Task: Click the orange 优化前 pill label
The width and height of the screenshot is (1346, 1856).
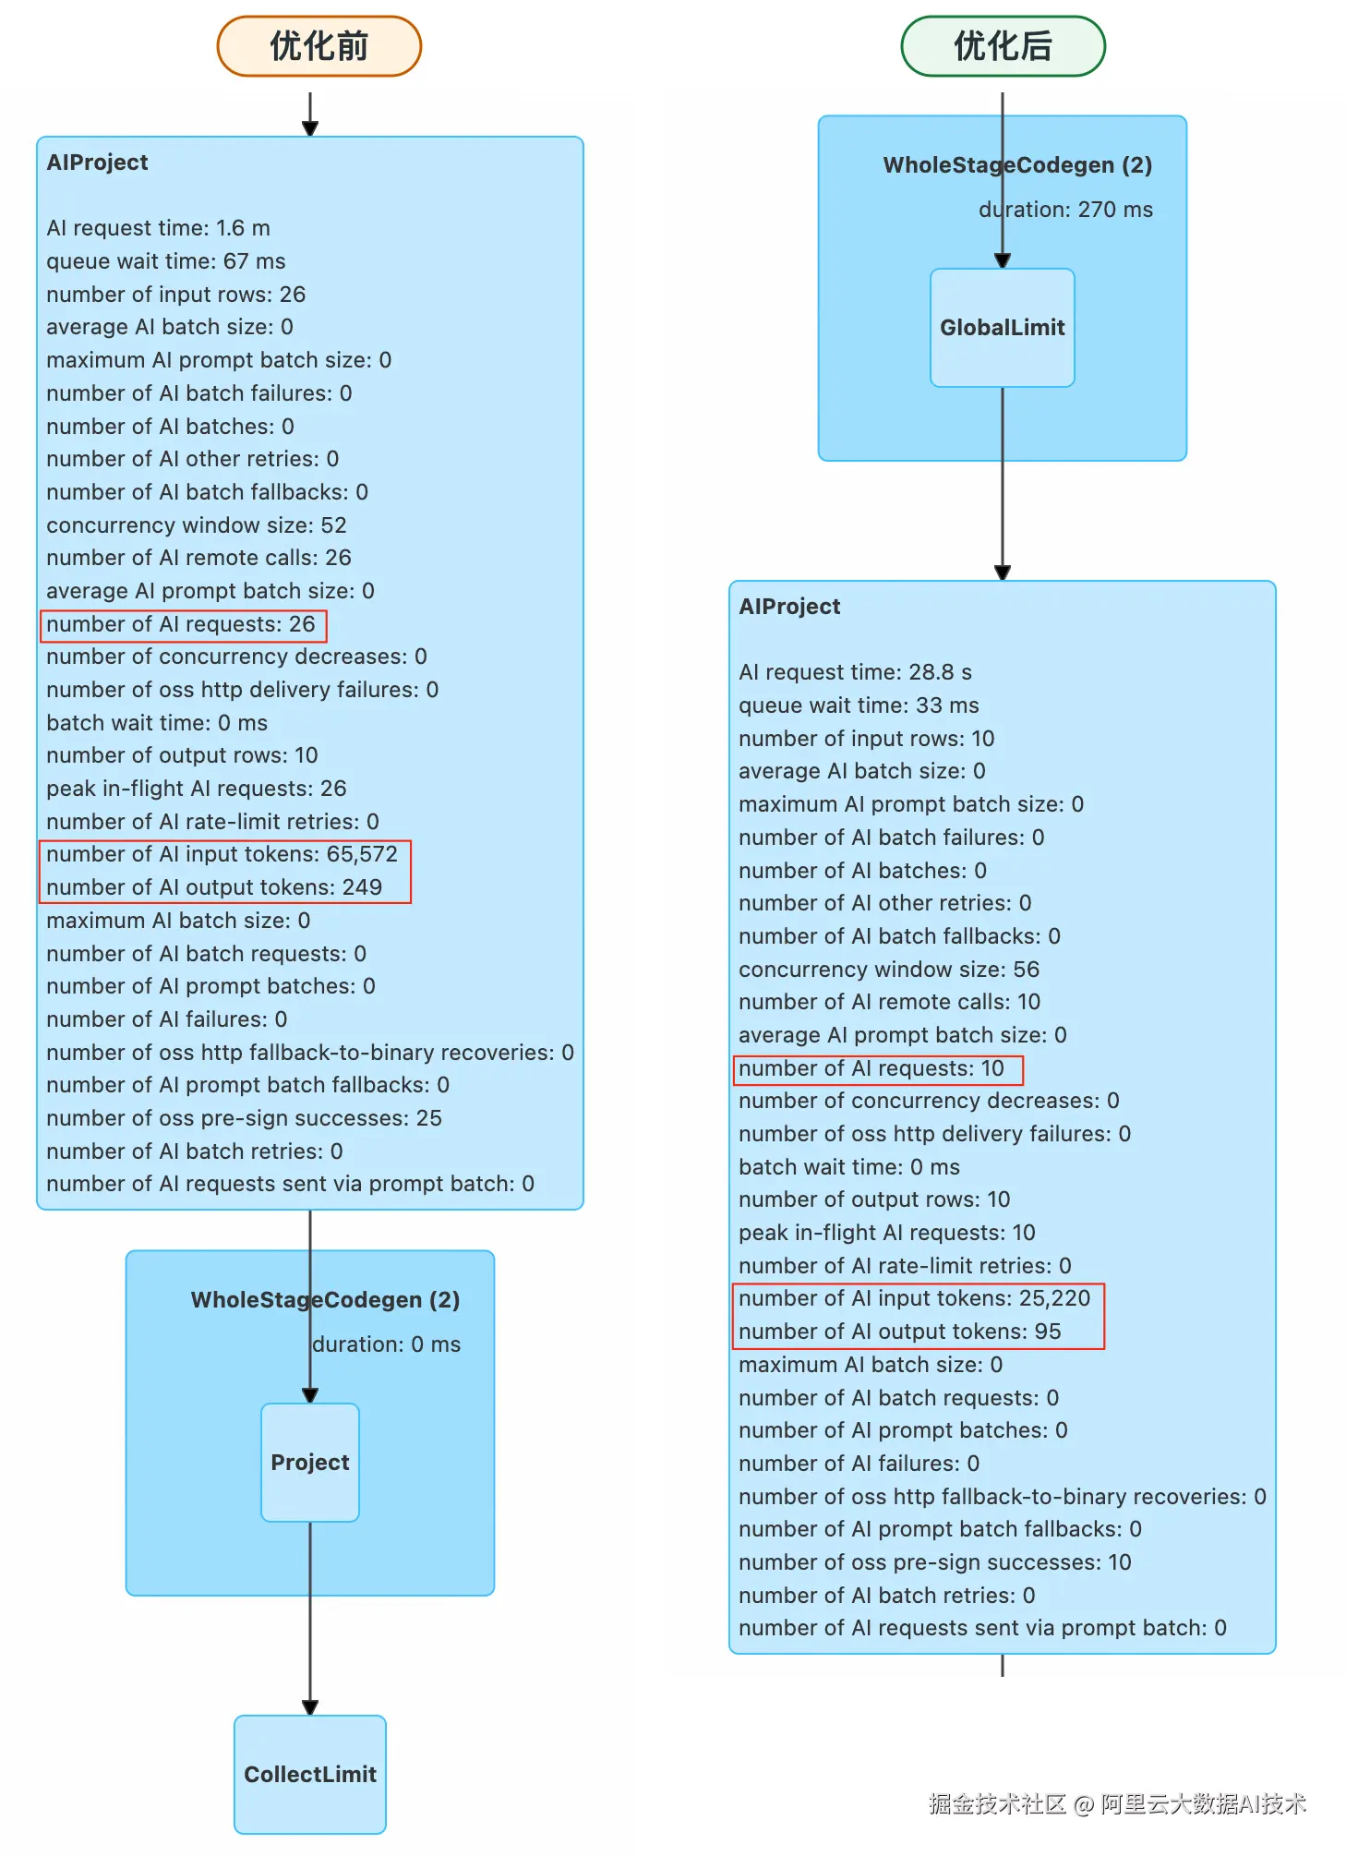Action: coord(319,46)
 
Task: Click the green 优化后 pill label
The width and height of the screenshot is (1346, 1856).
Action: coord(1003,46)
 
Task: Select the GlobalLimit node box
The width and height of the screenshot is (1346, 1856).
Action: coord(1003,328)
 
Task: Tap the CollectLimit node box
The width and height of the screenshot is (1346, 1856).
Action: coord(310,1774)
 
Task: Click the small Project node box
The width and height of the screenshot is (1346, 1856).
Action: coord(310,1463)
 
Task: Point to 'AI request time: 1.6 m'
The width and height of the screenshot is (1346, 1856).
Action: coord(159,228)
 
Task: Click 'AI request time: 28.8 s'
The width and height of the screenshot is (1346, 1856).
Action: coord(856,672)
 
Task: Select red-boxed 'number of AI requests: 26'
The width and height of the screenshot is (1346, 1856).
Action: coord(181,624)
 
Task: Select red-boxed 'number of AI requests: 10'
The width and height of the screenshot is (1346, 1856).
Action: coord(871,1068)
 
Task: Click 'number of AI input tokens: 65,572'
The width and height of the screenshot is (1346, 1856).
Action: coord(222,854)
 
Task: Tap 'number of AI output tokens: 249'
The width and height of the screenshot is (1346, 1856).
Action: coord(214,887)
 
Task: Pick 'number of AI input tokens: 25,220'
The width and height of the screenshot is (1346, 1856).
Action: coord(915,1298)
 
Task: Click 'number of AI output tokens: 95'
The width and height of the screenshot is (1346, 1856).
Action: coord(900,1332)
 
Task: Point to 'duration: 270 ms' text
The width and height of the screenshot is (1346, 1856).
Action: coord(1066,210)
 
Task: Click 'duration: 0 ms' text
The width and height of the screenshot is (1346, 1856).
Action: coord(387,1344)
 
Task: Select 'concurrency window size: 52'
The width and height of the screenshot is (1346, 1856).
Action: coord(197,525)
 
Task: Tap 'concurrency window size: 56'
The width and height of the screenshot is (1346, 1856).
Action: coord(889,970)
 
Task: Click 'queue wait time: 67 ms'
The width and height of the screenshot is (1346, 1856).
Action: coord(166,261)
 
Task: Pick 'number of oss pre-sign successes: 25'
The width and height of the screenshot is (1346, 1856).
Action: coord(245,1118)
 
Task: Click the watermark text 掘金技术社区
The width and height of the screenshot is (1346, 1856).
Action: coord(997,1803)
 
